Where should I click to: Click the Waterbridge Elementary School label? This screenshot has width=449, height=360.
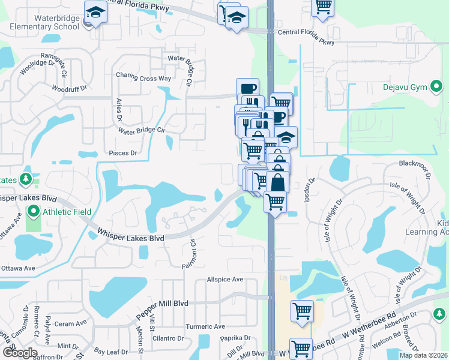coord(41,23)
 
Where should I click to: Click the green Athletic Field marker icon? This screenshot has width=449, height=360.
coord(33,212)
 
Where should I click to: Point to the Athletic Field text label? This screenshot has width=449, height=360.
coord(66,212)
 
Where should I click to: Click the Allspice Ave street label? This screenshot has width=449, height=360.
coord(225,280)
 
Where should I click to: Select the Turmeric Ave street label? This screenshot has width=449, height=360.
coord(204,326)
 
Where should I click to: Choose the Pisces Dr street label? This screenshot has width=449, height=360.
coord(123,153)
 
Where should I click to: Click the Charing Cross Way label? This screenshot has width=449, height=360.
coord(143,78)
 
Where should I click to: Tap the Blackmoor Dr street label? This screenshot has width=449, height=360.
coord(415,163)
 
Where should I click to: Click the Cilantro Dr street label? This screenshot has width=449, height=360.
coord(167,339)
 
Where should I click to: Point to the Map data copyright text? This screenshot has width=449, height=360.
coord(423,355)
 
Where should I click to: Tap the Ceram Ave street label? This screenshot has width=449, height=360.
coord(71,324)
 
